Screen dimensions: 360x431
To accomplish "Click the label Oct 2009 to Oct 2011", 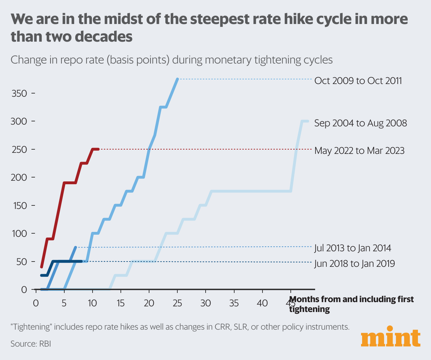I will [358, 81].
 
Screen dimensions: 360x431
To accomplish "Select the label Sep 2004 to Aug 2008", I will [360, 123].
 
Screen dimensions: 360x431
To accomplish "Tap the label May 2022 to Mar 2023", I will [359, 151].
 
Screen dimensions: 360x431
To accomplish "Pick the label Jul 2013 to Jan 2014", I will [353, 248].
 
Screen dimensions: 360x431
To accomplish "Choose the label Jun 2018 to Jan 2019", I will [354, 264].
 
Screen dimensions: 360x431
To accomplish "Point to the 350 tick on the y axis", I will [19, 94].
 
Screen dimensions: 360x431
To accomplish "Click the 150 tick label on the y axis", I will [19, 205].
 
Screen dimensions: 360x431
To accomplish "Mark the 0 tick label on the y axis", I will [24, 290].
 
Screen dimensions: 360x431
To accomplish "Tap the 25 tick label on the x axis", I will [177, 303].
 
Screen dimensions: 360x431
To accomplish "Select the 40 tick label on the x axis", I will [262, 303].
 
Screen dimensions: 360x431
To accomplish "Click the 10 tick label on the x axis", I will [92, 303].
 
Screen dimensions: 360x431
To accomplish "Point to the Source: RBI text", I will [31, 343].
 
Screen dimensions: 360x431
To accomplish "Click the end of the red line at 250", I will [98, 149].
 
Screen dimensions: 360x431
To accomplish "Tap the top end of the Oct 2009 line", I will [177, 79].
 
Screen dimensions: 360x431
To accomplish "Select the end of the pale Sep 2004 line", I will [307, 121].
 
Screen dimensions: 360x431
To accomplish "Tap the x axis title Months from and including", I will [351, 299].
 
